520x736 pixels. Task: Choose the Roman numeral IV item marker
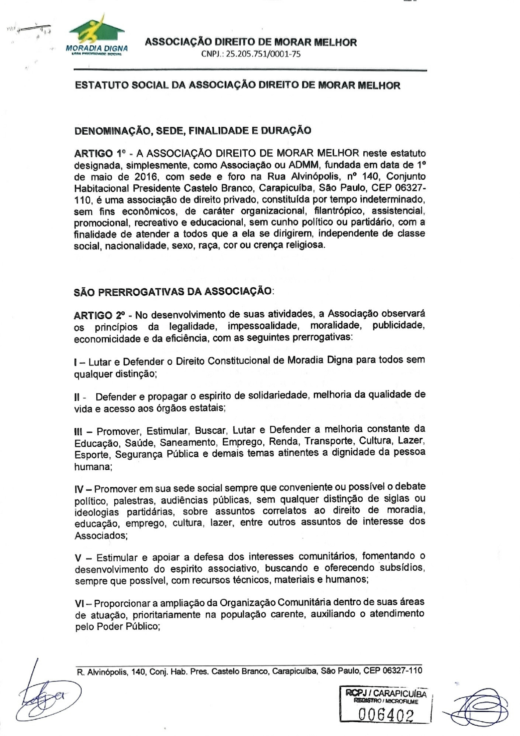[81, 489]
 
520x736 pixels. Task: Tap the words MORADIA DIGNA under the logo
[97, 49]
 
